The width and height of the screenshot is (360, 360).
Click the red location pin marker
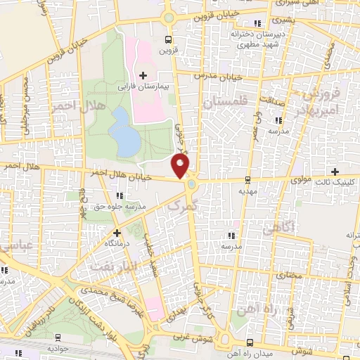coord(181,166)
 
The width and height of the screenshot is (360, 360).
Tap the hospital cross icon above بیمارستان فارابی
coord(143,75)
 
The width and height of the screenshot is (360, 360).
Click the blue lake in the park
coord(125,131)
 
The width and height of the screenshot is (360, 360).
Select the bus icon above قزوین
coord(168,39)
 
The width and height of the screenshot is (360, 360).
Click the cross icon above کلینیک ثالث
coord(335,172)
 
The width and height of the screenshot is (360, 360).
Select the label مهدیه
coord(245,191)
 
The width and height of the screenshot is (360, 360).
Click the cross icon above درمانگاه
coord(117,231)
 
